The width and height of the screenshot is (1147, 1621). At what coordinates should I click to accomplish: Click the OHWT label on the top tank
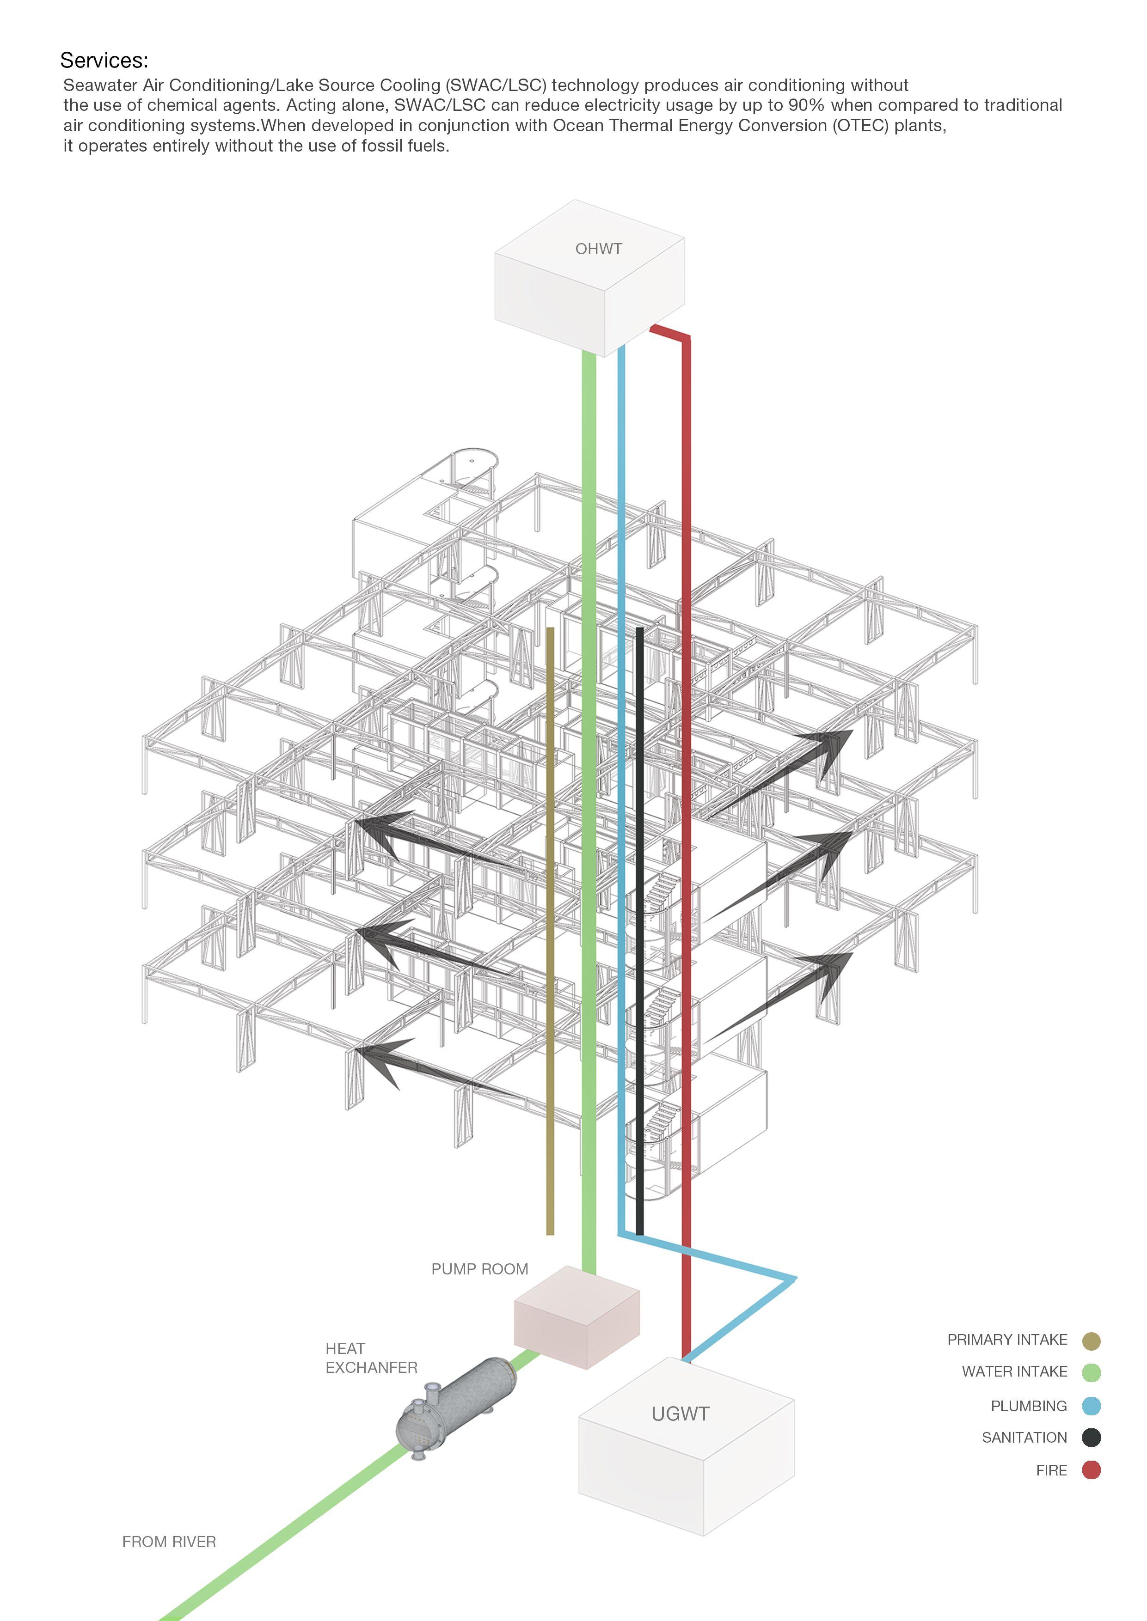(598, 249)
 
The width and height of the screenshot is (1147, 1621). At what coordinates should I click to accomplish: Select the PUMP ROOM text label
(479, 1269)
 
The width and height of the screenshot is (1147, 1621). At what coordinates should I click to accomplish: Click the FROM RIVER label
(169, 1541)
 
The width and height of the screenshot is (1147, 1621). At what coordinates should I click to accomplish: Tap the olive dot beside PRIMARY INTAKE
(1091, 1341)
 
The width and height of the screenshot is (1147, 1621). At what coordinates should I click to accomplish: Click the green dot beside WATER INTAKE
(1091, 1372)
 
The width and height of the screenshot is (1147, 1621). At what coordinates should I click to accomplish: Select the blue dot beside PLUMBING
(1091, 1406)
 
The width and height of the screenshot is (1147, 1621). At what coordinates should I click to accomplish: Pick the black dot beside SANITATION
(1091, 1438)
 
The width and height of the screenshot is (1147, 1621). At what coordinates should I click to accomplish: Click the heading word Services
(104, 60)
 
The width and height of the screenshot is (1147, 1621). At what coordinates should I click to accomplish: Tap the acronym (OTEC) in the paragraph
(859, 126)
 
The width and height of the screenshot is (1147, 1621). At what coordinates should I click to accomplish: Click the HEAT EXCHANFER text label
(371, 1358)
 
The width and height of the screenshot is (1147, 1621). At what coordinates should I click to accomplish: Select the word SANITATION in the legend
(1024, 1438)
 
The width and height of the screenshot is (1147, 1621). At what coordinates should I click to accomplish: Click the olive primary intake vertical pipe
(550, 918)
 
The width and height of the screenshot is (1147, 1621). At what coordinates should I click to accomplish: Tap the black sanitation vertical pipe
(639, 918)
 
